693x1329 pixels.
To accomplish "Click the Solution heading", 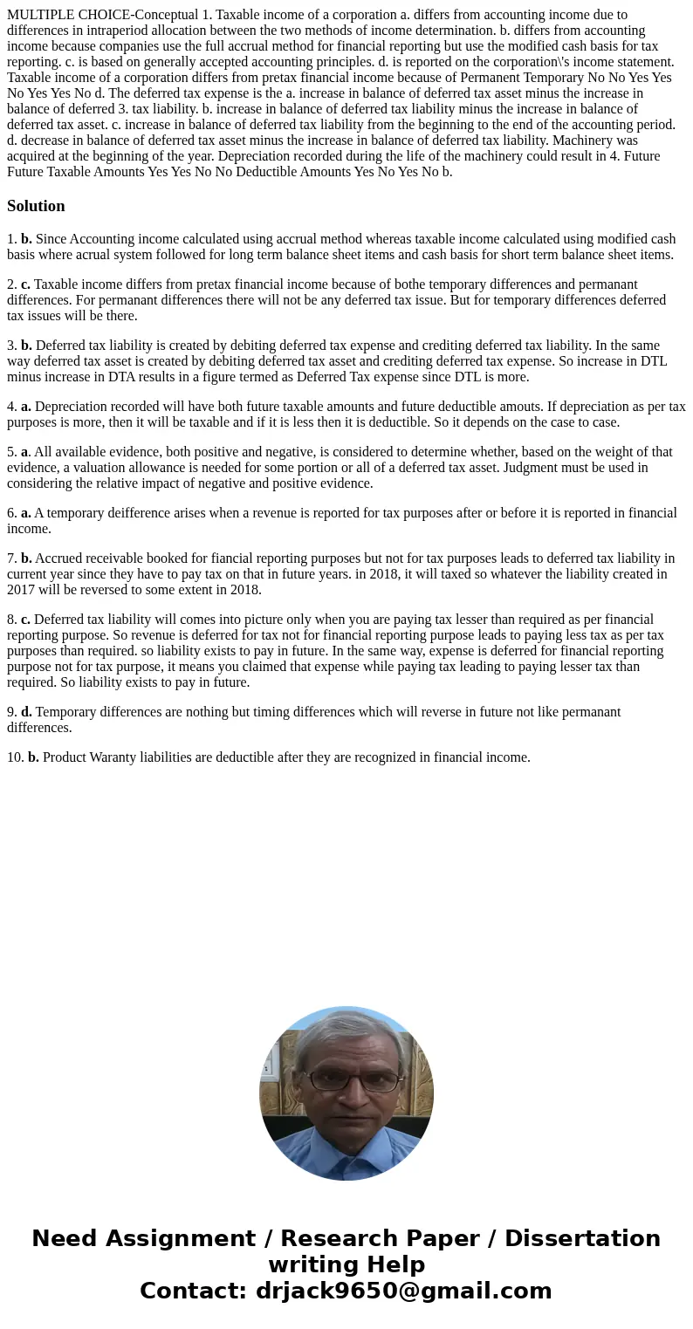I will pyautogui.click(x=36, y=206).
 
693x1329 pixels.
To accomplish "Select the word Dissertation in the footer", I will pyautogui.click(x=582, y=1238).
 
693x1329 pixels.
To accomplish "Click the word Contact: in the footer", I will pyautogui.click(x=192, y=1291).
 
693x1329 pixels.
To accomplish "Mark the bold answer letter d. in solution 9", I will pyautogui.click(x=26, y=712).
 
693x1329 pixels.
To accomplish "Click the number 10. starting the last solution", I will pyautogui.click(x=15, y=757).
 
